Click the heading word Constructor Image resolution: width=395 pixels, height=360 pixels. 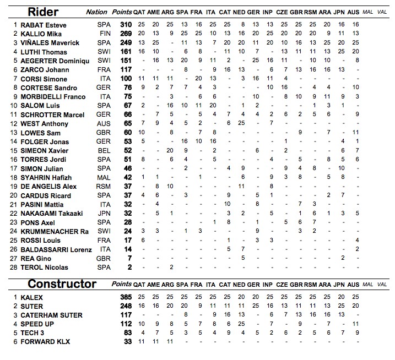point(62,284)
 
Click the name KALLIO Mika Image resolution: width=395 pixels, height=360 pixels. point(41,34)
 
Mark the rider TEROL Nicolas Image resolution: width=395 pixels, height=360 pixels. point(44,268)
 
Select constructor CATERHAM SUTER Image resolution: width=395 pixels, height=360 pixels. point(51,315)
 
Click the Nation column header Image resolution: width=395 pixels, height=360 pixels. point(97,12)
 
